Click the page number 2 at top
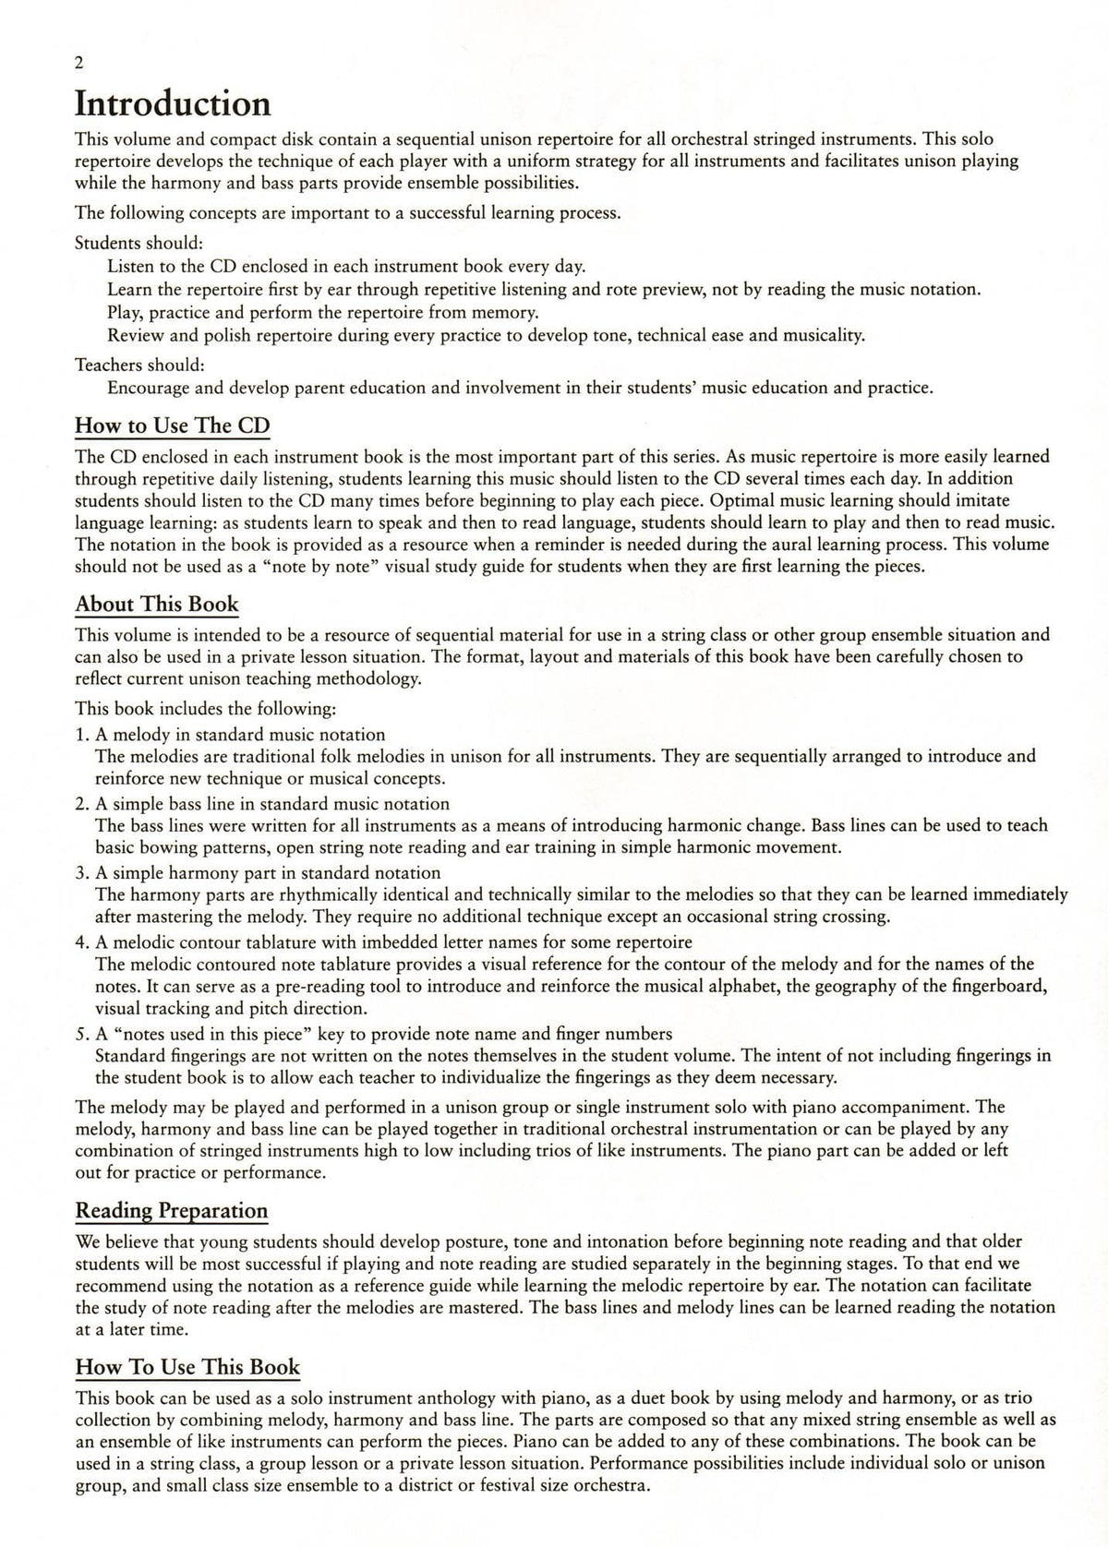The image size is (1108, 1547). [x=79, y=63]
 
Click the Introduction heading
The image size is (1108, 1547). [x=173, y=103]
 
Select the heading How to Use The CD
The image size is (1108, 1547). [x=173, y=426]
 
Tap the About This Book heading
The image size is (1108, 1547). [x=157, y=605]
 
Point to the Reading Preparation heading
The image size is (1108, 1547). [x=172, y=1210]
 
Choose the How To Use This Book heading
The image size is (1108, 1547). [x=187, y=1367]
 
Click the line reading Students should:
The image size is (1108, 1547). [x=139, y=244]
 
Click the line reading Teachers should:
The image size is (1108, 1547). [x=139, y=365]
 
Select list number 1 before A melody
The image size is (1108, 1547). [x=80, y=735]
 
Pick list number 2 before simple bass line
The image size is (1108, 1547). [x=80, y=804]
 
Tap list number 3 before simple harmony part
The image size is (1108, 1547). [x=80, y=873]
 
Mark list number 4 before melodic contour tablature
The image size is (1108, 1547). [x=80, y=942]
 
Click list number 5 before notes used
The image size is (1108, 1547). [x=80, y=1034]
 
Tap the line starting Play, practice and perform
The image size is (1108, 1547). [x=323, y=312]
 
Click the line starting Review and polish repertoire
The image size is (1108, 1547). [x=486, y=335]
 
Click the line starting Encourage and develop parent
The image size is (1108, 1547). [x=520, y=388]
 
